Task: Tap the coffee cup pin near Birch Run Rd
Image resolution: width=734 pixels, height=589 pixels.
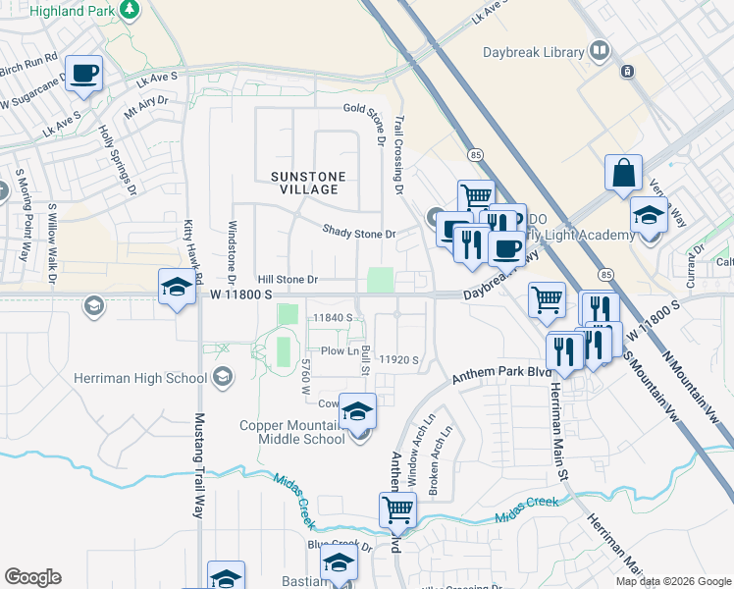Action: click(x=83, y=73)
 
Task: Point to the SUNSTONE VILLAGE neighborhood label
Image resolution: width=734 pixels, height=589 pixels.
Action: click(x=308, y=183)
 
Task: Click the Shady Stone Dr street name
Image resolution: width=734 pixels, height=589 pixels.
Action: click(x=358, y=234)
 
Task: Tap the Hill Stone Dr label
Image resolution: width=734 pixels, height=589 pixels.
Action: click(x=288, y=280)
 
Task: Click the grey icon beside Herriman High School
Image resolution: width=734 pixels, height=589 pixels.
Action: click(x=224, y=377)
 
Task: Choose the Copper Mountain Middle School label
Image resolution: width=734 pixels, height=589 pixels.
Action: click(x=292, y=432)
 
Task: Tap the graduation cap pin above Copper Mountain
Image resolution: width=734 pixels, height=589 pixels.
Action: click(x=358, y=411)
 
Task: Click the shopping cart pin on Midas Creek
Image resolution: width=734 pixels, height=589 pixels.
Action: click(x=397, y=509)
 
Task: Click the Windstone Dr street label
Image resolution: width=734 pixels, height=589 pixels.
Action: click(x=234, y=245)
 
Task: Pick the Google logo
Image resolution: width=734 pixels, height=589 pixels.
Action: click(x=32, y=577)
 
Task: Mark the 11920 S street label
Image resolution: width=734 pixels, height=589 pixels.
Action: click(x=399, y=359)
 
